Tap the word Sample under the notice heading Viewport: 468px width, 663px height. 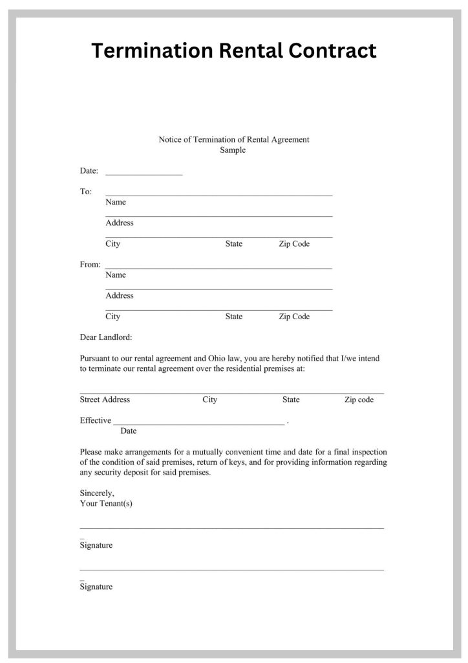[233, 150]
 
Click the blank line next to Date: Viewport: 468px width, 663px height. [144, 174]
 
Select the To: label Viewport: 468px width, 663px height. [86, 192]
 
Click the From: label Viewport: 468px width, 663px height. [90, 264]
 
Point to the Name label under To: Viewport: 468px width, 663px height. [116, 202]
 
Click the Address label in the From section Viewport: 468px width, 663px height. [120, 295]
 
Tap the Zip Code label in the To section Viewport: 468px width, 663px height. [294, 244]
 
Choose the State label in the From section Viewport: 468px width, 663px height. [234, 317]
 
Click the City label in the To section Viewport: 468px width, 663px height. [112, 244]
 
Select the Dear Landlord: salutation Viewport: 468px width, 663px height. [105, 337]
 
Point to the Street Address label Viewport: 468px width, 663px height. [105, 399]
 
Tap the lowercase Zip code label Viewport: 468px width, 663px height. [359, 399]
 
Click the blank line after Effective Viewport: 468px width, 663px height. [199, 422]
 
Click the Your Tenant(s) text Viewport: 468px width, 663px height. [106, 503]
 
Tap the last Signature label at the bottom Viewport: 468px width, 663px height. [96, 587]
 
